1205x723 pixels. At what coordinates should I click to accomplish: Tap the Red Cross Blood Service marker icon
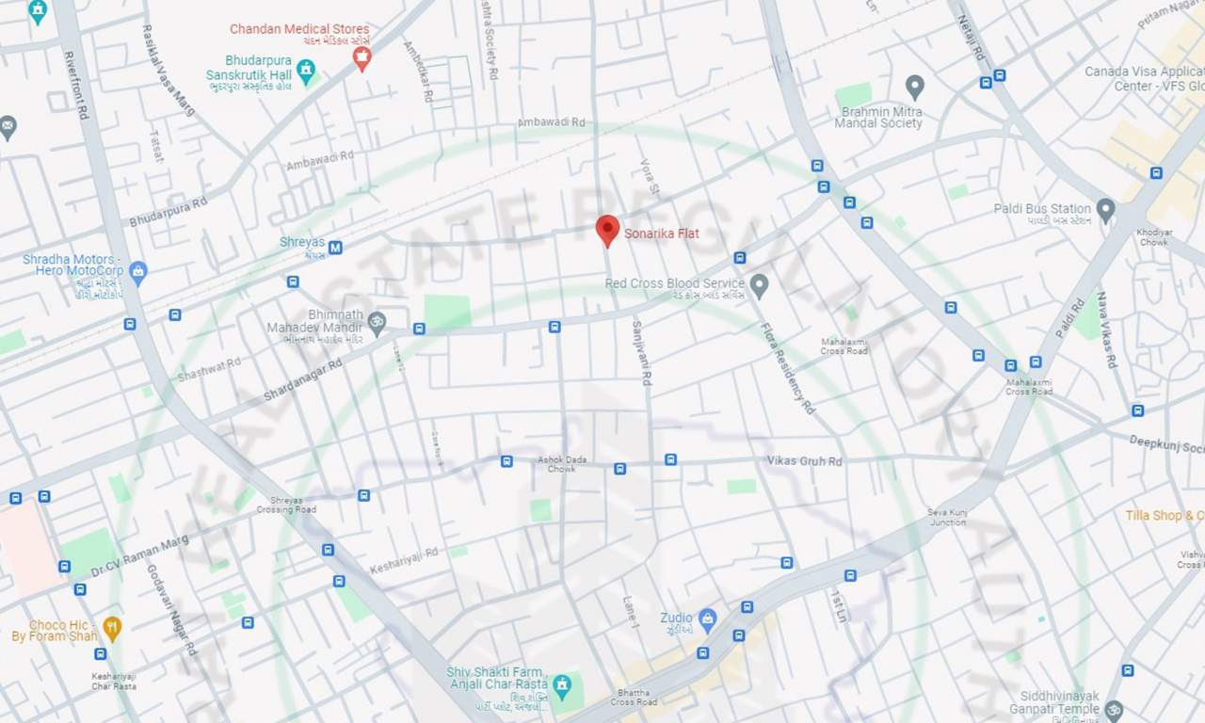click(x=759, y=283)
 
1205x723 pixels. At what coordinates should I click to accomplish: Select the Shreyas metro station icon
click(x=335, y=248)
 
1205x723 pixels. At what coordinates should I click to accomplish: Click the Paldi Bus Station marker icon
click(x=1105, y=209)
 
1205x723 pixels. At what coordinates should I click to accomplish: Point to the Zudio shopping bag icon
click(x=707, y=619)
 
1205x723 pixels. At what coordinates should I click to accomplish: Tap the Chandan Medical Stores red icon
click(x=361, y=58)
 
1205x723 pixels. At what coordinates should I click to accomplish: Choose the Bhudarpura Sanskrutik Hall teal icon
click(x=306, y=70)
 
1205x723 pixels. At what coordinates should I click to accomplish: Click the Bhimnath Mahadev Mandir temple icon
click(x=377, y=322)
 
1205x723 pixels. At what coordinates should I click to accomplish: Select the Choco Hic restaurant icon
click(x=112, y=628)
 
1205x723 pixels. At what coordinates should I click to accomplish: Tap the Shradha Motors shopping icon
click(x=138, y=273)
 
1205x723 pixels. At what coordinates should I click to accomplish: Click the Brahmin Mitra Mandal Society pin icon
click(x=914, y=87)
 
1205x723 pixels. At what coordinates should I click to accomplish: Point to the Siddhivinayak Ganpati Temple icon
click(x=1114, y=708)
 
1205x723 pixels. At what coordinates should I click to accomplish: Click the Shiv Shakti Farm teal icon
click(x=562, y=684)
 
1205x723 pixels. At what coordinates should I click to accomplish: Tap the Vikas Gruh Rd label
click(x=804, y=461)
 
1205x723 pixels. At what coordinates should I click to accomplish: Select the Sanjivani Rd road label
click(x=641, y=352)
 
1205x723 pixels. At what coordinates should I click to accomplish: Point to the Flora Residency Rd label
click(x=788, y=368)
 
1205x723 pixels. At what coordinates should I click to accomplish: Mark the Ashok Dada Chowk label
click(x=562, y=464)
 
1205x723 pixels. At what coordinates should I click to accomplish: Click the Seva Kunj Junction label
click(x=947, y=517)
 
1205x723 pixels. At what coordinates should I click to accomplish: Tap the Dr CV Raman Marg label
click(x=139, y=557)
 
